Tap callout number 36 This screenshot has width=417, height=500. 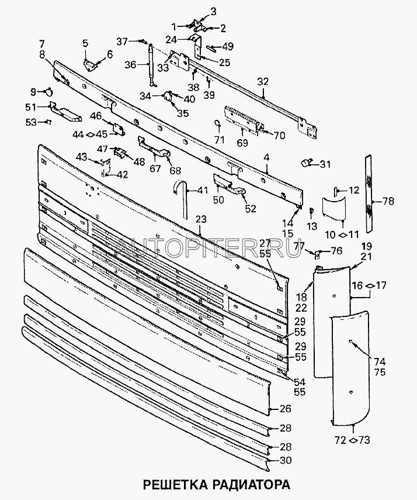(x=131, y=65)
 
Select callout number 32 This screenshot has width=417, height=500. (x=263, y=81)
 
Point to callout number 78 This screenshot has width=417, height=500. (x=388, y=201)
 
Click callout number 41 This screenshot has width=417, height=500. (x=202, y=190)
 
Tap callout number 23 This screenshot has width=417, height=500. (x=201, y=220)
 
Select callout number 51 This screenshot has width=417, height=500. (x=30, y=106)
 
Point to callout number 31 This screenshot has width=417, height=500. (x=324, y=163)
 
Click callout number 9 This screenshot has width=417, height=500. (x=33, y=91)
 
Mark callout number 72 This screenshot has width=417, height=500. (x=341, y=439)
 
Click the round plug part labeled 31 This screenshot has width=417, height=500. (x=305, y=161)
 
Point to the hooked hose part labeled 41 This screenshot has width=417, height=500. (x=179, y=193)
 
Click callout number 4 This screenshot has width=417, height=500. (x=267, y=157)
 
